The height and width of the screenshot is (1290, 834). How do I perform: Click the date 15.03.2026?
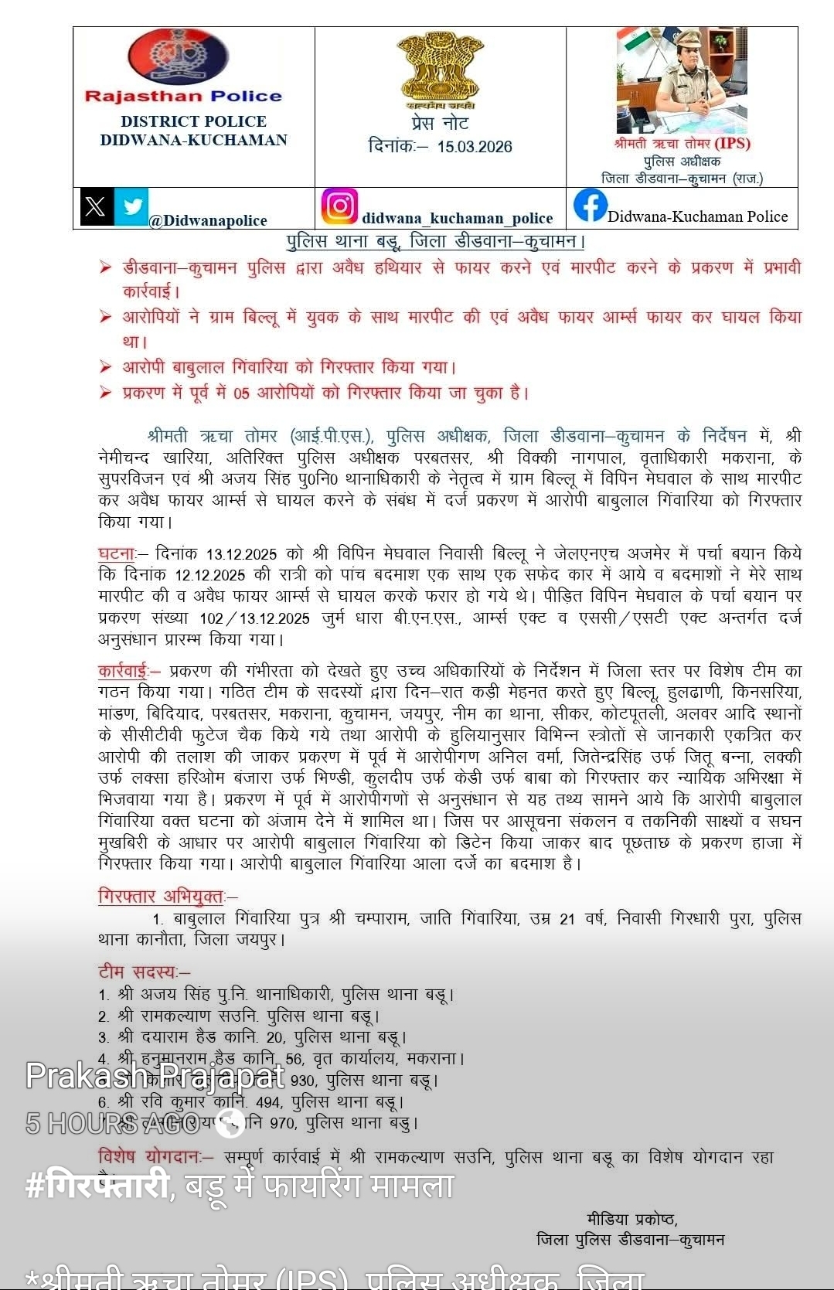click(x=474, y=147)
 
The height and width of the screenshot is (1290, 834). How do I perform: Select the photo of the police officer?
click(x=681, y=81)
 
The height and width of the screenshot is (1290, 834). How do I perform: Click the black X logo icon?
click(x=97, y=206)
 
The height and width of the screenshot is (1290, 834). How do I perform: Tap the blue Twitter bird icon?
click(x=131, y=206)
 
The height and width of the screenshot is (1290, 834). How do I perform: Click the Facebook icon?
click(x=590, y=206)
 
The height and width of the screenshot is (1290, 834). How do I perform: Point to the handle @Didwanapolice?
click(x=208, y=221)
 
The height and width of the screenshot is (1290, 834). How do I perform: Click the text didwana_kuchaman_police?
click(x=457, y=219)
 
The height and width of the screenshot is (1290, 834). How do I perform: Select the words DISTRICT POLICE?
click(x=193, y=121)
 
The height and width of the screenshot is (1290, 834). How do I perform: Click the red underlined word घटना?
click(x=117, y=553)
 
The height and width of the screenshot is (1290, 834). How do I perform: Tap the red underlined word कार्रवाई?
click(x=123, y=671)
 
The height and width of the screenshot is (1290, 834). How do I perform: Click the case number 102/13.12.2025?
click(x=254, y=618)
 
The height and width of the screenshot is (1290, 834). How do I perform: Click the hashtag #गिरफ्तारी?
click(x=97, y=1185)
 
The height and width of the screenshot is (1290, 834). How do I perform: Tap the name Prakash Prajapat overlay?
click(x=155, y=1075)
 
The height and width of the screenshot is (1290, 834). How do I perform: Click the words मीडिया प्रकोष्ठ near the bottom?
click(x=631, y=1220)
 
